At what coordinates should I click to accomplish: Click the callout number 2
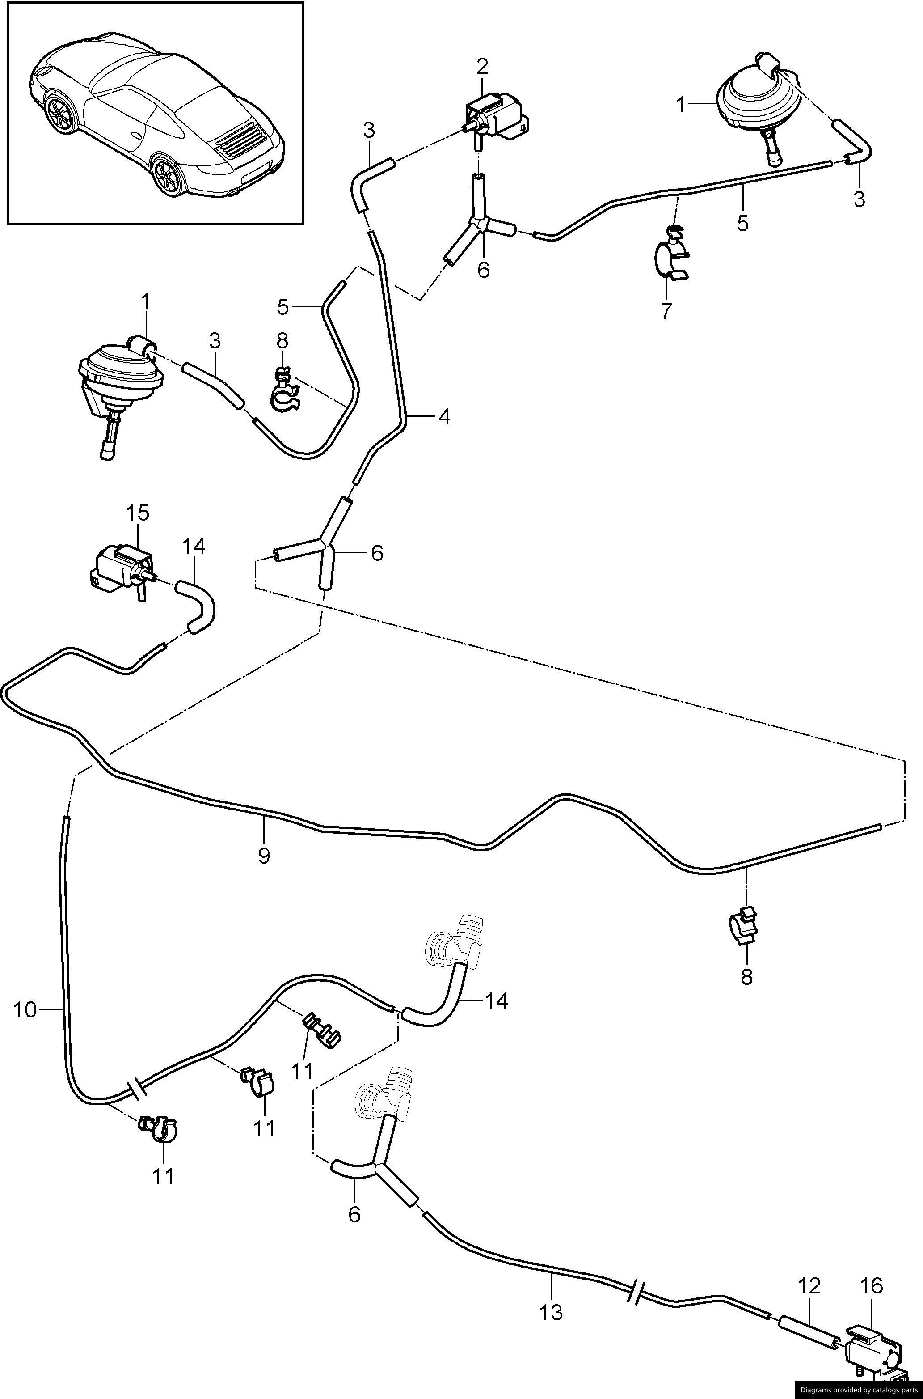pos(482,67)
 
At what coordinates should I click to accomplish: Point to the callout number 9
pos(264,855)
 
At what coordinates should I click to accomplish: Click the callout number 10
pos(25,1011)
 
